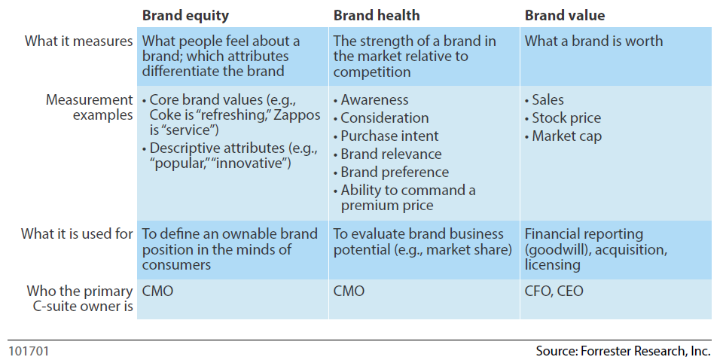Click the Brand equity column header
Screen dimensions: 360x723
click(x=185, y=15)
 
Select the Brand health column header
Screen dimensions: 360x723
click(x=377, y=15)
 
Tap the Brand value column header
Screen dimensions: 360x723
click(x=565, y=15)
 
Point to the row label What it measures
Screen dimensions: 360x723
click(x=79, y=41)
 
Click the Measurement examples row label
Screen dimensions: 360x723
click(x=89, y=107)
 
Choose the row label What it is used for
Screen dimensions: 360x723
click(x=78, y=233)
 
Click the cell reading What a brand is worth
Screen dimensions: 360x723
click(x=593, y=41)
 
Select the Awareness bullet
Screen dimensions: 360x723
click(x=374, y=99)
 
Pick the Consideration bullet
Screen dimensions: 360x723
click(x=384, y=117)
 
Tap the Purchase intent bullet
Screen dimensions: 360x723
click(x=389, y=136)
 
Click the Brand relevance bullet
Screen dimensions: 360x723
click(x=391, y=154)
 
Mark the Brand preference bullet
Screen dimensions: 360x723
click(x=394, y=172)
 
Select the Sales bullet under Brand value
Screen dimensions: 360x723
click(x=548, y=99)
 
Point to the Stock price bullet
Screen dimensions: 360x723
click(x=566, y=117)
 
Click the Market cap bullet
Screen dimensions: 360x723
click(x=566, y=136)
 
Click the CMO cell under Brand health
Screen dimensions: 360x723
click(x=349, y=291)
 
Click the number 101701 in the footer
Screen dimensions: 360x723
click(x=29, y=351)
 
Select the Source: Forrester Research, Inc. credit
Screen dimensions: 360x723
click(x=623, y=351)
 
